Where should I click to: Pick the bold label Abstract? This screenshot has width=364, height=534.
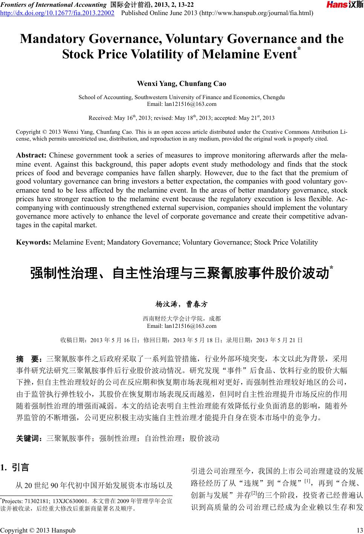[x=31, y=155]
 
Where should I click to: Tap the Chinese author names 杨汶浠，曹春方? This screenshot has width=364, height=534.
[x=182, y=304]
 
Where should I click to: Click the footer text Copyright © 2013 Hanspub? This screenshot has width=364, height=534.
[x=38, y=530]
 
